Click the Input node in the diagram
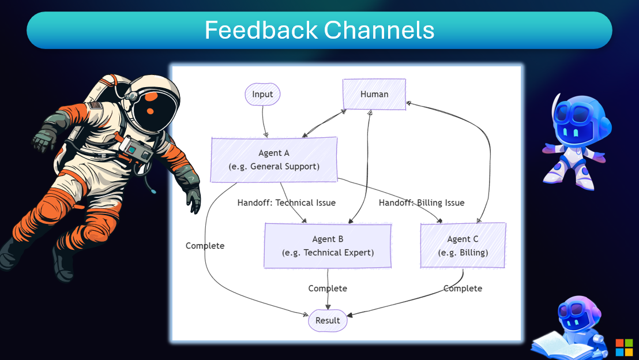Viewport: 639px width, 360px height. (x=262, y=94)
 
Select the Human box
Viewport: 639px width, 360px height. (x=374, y=94)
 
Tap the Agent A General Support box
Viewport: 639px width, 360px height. (x=274, y=160)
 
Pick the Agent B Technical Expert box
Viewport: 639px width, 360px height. (x=328, y=246)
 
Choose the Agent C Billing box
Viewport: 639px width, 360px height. (x=463, y=246)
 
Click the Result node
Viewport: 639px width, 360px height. (x=328, y=320)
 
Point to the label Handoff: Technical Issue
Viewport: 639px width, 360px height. (x=286, y=202)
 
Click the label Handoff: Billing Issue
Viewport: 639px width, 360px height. (x=421, y=202)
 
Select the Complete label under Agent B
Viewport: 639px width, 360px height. (x=328, y=288)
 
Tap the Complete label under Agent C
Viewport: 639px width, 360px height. (x=463, y=288)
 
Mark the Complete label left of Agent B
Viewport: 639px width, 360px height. (x=205, y=246)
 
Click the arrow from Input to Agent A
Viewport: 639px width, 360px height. (x=264, y=121)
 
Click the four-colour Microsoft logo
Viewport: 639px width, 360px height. (x=624, y=347)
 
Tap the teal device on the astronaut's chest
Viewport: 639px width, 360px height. (x=136, y=151)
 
